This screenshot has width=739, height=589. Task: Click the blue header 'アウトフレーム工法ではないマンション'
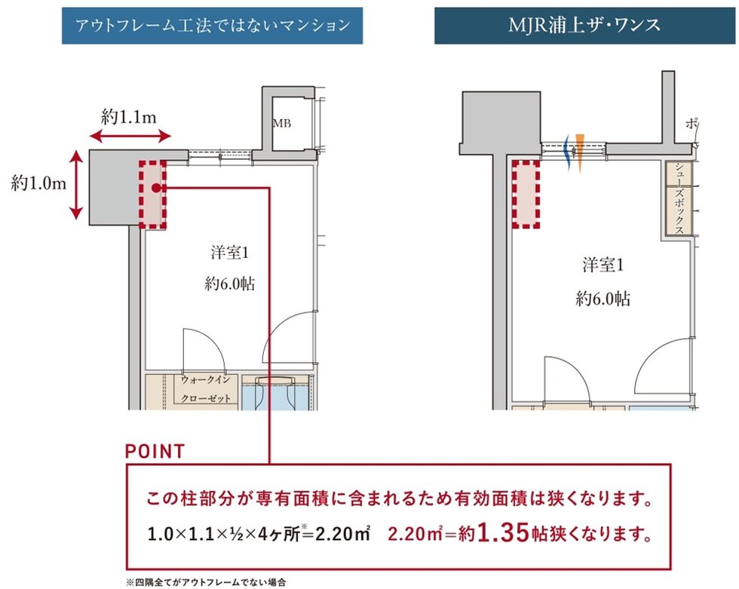click(212, 26)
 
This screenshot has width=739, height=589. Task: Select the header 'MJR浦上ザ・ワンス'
click(584, 26)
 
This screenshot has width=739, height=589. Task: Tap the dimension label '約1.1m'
click(129, 117)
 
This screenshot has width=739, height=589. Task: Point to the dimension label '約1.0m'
click(35, 183)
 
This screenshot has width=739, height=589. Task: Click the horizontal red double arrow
click(130, 137)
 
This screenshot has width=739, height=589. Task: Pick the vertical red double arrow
click(76, 185)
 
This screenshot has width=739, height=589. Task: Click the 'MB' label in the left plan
click(281, 121)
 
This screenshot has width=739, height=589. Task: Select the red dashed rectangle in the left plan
click(152, 194)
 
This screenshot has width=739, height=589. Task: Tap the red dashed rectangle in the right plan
click(526, 194)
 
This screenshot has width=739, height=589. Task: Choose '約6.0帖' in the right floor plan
click(603, 298)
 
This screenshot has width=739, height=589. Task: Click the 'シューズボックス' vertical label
click(679, 198)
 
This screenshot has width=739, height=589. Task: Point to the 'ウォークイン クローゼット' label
click(209, 390)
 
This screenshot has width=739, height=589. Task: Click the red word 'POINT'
click(155, 452)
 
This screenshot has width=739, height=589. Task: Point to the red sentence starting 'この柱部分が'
click(398, 500)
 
